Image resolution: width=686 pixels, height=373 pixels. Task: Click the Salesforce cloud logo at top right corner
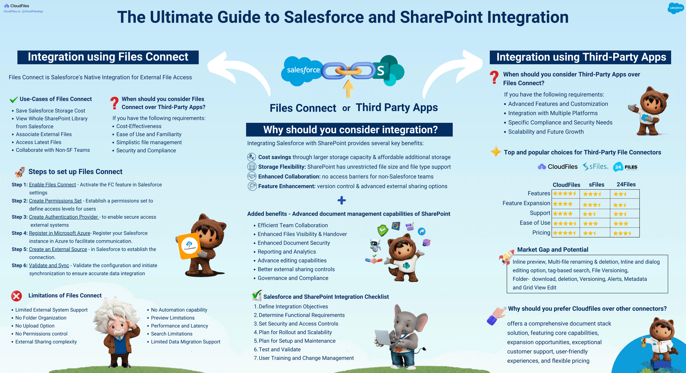[x=676, y=8]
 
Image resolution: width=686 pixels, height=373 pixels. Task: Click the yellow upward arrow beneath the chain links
[x=348, y=89]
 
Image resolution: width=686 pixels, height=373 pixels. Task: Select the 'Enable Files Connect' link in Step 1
[x=52, y=185]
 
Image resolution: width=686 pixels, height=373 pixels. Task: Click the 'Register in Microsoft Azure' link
[x=59, y=233]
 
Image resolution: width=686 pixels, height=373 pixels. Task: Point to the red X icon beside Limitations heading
[x=16, y=296]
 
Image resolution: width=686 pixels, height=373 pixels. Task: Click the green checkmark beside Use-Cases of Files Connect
[x=14, y=100]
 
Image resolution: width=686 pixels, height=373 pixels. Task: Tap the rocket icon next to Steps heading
[x=20, y=172]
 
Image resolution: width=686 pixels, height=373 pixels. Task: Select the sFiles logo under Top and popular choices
[x=595, y=167]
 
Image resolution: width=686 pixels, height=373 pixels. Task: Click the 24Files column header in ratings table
[x=626, y=184]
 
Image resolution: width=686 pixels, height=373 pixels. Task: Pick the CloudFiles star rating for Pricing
[x=565, y=233]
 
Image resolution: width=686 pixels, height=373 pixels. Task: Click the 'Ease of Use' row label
[x=535, y=223]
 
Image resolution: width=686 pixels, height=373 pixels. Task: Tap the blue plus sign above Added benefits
[x=342, y=200]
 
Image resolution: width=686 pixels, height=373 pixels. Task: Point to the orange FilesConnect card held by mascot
[x=189, y=246]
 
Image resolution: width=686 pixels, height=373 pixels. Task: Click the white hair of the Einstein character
[x=113, y=309]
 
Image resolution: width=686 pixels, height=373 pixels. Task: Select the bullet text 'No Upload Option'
[x=35, y=326]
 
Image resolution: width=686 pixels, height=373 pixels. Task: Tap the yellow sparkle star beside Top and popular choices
[x=496, y=151]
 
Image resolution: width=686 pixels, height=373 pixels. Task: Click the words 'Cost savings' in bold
[x=274, y=157]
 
